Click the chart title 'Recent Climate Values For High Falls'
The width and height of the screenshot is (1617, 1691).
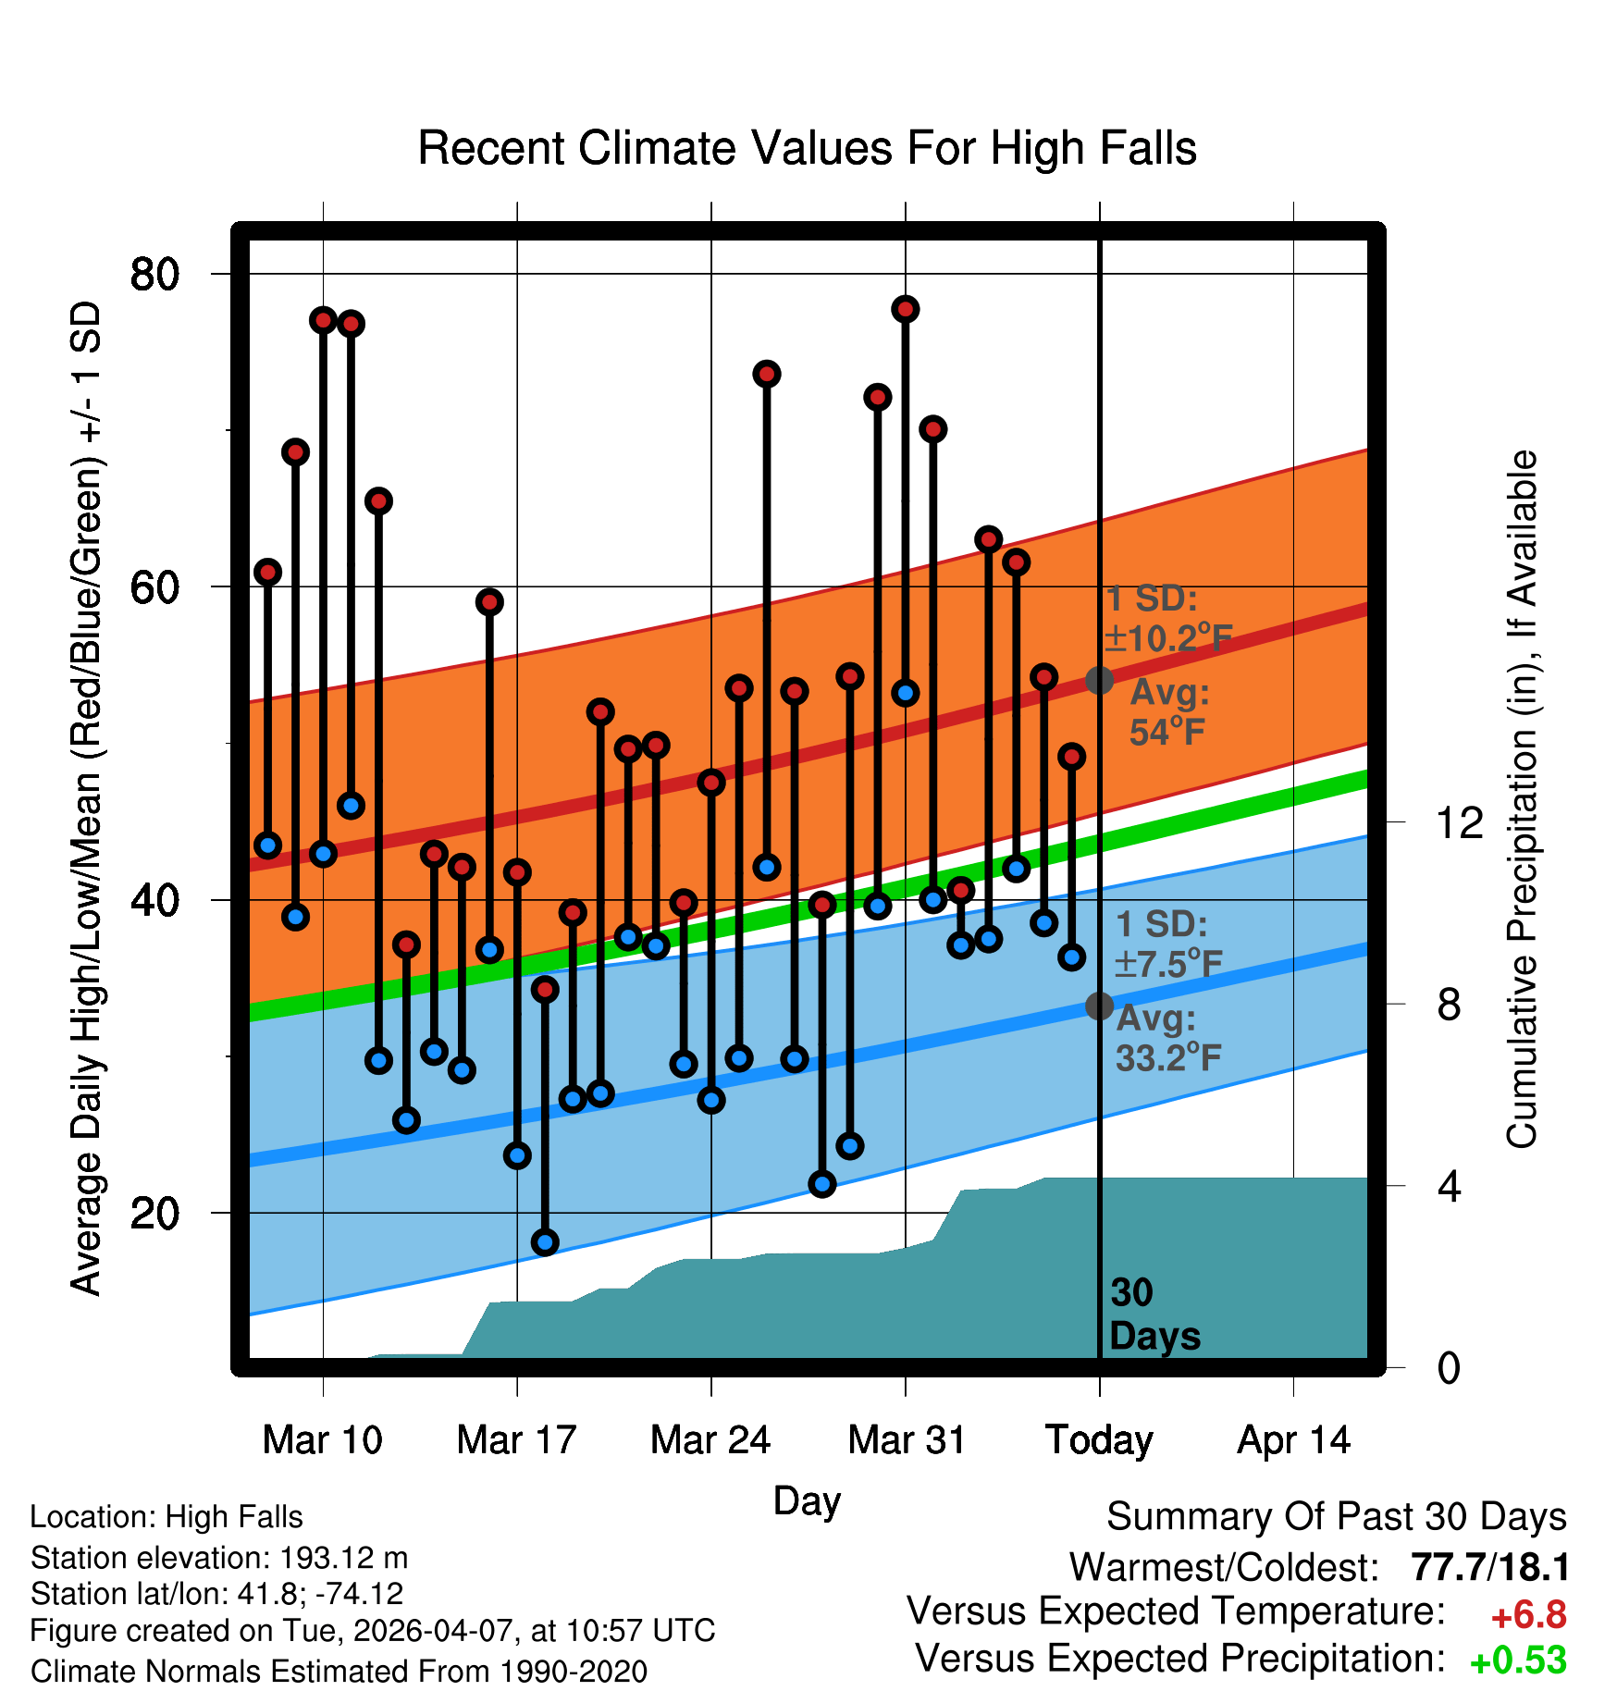(x=807, y=148)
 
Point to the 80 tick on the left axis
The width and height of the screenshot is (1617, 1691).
(x=154, y=274)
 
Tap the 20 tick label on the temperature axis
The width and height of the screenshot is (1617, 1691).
(x=154, y=1213)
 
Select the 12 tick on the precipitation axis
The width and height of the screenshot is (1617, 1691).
(x=1459, y=821)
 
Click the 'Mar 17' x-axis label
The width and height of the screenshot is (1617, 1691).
(x=516, y=1440)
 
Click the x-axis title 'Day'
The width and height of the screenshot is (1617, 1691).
(x=807, y=1500)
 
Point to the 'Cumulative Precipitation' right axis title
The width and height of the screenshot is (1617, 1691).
(x=1521, y=799)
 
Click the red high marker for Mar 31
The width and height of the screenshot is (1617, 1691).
(x=906, y=309)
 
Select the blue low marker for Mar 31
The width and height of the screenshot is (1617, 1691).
(x=906, y=693)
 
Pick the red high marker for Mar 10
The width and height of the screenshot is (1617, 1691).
(x=323, y=320)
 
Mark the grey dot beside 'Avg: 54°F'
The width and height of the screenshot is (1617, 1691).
(x=1099, y=680)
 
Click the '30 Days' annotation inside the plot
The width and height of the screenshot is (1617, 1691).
(x=1154, y=1315)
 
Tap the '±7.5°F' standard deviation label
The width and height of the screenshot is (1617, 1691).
(x=1168, y=963)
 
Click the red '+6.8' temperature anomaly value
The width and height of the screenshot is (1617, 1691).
(x=1529, y=1615)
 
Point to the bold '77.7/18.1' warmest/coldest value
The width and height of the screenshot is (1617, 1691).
(x=1490, y=1568)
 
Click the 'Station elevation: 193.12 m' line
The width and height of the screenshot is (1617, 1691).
(x=219, y=1558)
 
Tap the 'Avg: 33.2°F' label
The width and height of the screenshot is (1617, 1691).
(x=1168, y=1038)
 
